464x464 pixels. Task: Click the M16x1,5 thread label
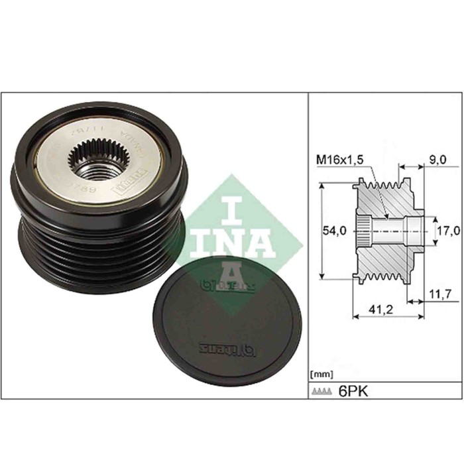tap(339, 159)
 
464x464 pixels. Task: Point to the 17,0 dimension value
tap(447, 231)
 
